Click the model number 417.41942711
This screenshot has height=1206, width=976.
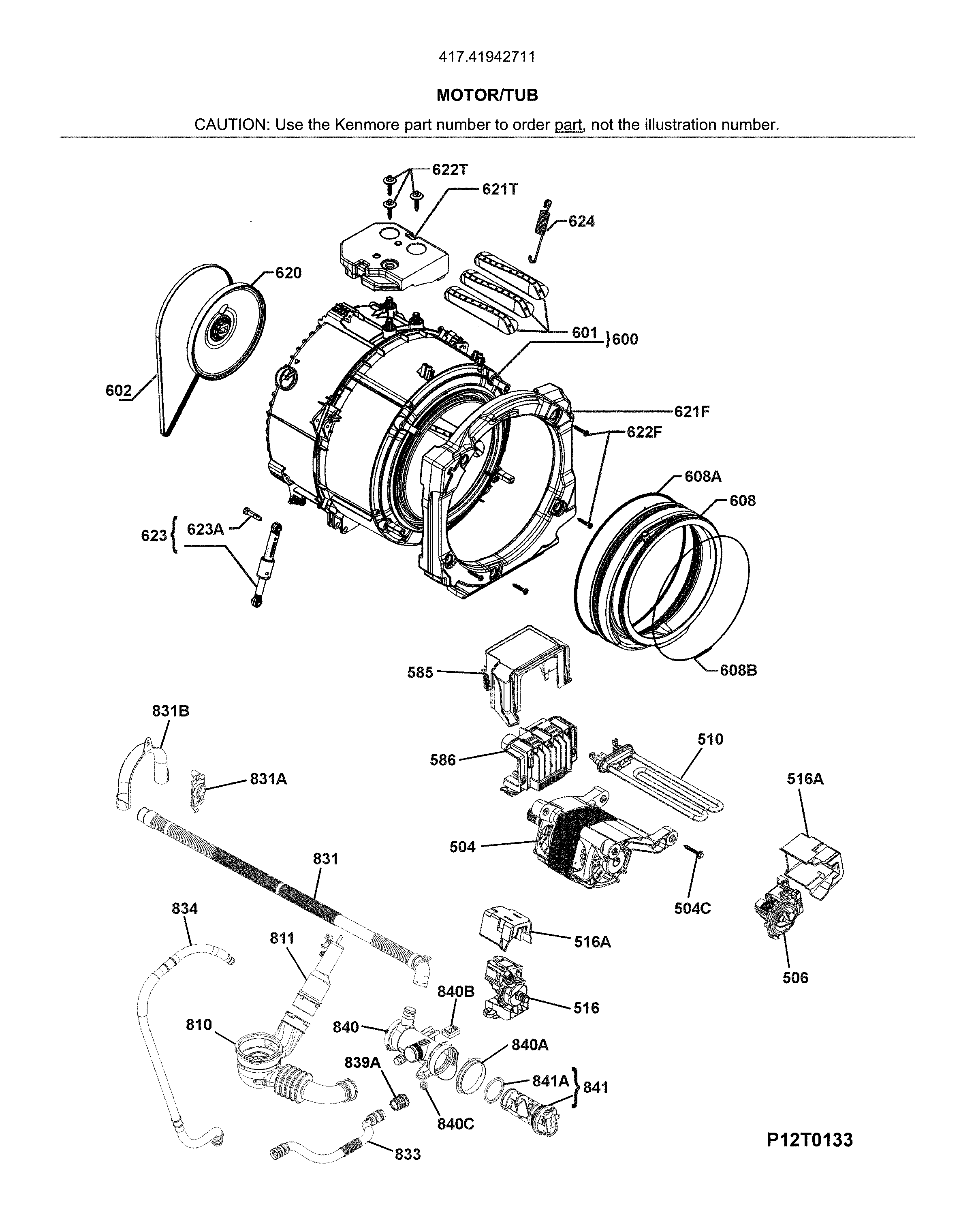coord(487,57)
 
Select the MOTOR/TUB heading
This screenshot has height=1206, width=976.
coord(487,95)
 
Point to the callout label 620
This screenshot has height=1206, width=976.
coord(288,273)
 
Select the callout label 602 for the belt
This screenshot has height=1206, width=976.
coord(118,390)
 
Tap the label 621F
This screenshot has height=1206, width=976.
coord(692,412)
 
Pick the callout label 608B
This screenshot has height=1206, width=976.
coord(738,670)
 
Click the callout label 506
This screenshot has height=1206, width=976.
coord(795,977)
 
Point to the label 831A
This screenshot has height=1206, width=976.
coord(268,779)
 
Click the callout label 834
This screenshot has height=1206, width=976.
coord(184,908)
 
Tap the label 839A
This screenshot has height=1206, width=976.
coord(362,1063)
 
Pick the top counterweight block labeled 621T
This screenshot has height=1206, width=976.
coord(393,256)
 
